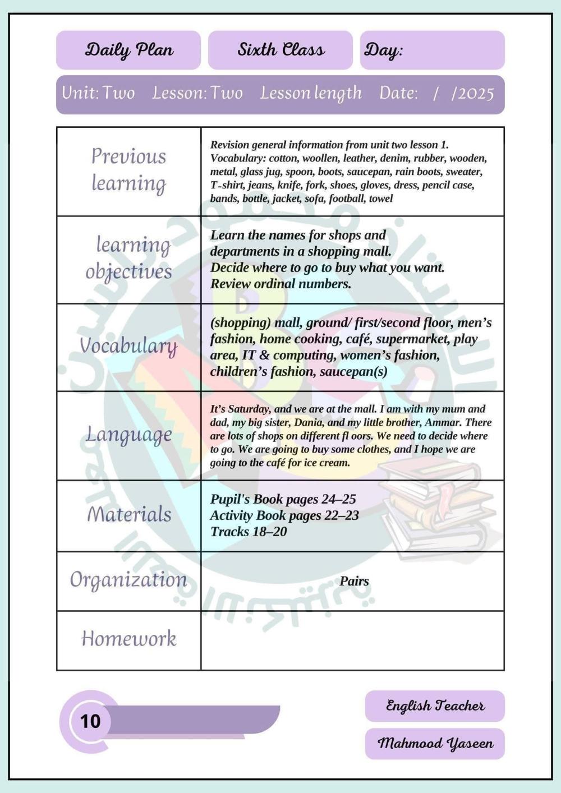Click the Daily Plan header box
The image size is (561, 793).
click(128, 50)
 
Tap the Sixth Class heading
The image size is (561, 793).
click(280, 50)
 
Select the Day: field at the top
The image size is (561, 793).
click(432, 50)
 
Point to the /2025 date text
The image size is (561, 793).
click(472, 93)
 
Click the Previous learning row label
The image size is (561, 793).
click(128, 170)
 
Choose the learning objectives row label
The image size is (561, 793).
click(128, 258)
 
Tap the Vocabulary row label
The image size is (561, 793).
click(128, 346)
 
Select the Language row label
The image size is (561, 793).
click(128, 435)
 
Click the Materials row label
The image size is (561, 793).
click(128, 514)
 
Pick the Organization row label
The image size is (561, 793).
click(128, 580)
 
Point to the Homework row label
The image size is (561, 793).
click(128, 639)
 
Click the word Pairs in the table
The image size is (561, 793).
click(354, 581)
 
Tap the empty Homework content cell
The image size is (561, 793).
click(352, 640)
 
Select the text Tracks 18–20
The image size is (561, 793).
click(248, 532)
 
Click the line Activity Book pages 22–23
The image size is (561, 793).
click(284, 515)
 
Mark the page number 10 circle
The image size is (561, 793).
click(90, 721)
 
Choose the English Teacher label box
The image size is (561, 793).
click(435, 706)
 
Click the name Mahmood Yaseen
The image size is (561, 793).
click(435, 744)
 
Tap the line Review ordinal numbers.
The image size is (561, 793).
click(280, 284)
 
